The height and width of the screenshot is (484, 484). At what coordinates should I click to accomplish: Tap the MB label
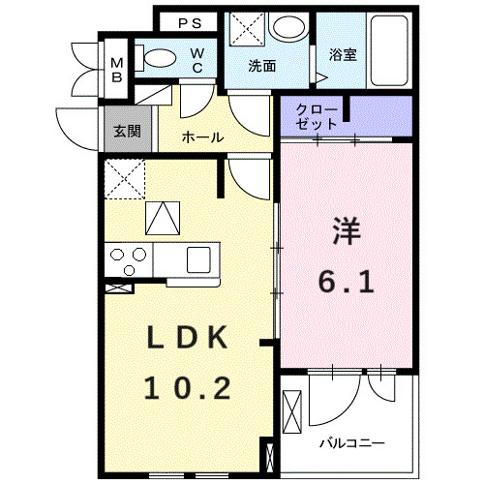pos(116,71)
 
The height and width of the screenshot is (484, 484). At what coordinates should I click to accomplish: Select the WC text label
pos(197,60)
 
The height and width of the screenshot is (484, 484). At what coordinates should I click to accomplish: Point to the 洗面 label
pos(261,67)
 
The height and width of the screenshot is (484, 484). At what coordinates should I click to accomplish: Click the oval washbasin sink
pos(287,28)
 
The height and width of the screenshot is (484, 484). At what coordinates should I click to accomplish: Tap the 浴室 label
pos(343,55)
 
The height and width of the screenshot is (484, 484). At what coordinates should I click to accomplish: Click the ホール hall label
pos(203,138)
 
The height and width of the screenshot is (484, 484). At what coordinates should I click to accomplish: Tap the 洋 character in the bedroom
pos(347,232)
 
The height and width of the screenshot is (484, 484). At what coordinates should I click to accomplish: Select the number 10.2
pos(188,389)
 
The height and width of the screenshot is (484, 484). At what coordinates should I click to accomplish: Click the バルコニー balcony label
pos(352,442)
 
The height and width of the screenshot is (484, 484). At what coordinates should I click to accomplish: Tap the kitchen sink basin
pos(198,258)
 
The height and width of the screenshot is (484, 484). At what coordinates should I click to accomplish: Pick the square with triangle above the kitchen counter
pos(162,218)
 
